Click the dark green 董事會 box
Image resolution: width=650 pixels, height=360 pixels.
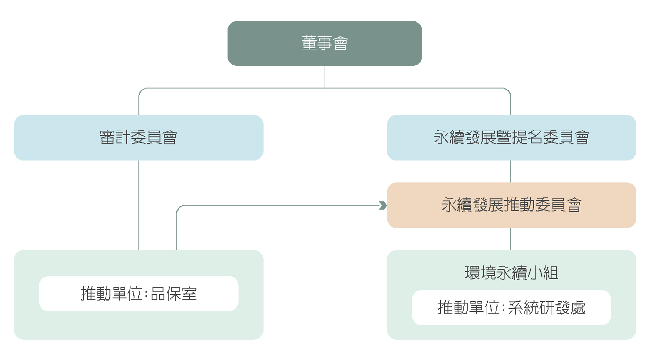(325, 43)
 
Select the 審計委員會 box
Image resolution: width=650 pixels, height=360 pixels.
(138, 138)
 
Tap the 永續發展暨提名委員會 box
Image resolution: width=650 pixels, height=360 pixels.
(512, 138)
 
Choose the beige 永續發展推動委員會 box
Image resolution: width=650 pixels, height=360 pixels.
(512, 205)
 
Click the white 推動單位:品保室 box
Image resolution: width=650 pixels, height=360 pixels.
(138, 294)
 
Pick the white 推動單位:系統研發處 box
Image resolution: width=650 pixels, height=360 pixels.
(512, 307)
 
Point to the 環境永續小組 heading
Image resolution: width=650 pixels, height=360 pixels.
(512, 273)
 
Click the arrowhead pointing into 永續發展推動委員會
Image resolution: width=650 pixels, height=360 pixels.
(383, 205)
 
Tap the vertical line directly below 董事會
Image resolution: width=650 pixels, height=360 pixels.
(325, 77)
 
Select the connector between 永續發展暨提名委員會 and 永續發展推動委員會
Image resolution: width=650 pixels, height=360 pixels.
(511, 172)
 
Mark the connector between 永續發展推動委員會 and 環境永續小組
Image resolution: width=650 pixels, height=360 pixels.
(511, 239)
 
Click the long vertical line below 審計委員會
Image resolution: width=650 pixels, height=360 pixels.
(139, 205)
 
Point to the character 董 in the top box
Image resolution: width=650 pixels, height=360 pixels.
(309, 43)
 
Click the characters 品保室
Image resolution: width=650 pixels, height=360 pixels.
(174, 294)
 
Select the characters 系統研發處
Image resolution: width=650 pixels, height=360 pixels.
(547, 308)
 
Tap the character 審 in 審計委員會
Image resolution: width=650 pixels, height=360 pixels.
(107, 137)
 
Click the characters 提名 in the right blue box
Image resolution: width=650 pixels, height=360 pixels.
(527, 137)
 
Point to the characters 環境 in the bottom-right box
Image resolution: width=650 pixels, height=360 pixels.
(480, 273)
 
